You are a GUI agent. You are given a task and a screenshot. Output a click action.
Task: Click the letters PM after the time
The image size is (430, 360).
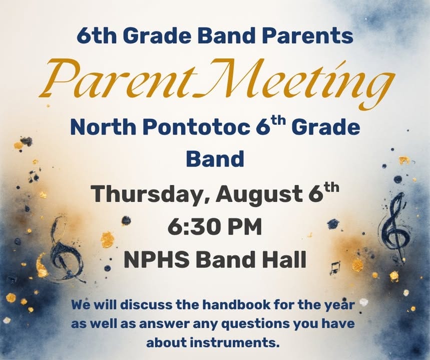point(246,227)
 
